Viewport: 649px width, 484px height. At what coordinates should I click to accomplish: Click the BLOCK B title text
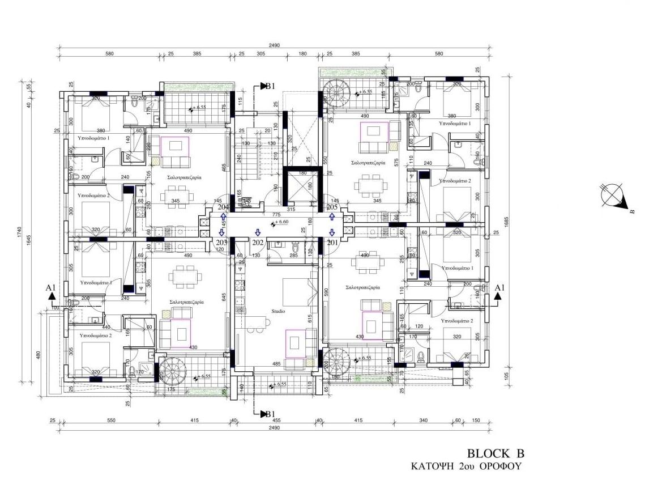click(496, 453)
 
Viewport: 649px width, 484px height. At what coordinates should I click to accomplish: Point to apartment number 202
click(258, 243)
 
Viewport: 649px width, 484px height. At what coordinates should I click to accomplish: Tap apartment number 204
click(223, 207)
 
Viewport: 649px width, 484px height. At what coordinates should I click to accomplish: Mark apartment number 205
click(332, 207)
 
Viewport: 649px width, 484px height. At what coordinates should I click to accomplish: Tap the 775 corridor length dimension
click(276, 215)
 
